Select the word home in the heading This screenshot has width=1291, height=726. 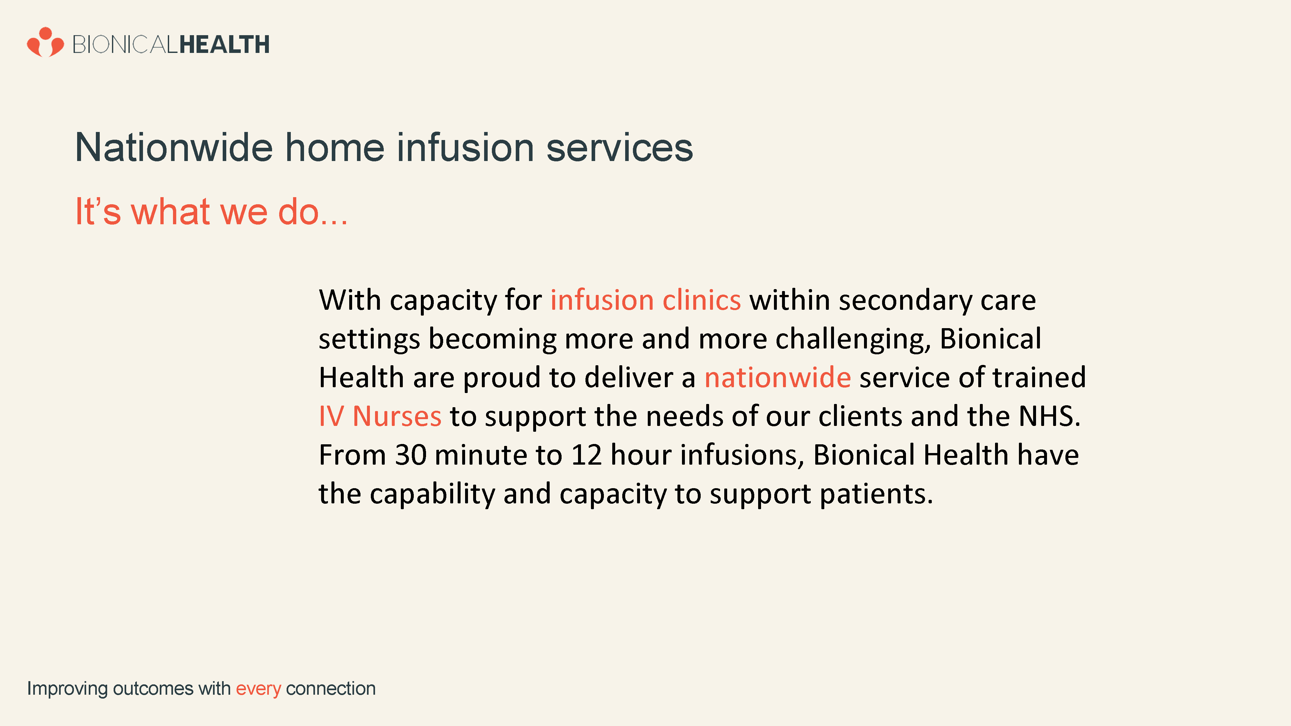335,147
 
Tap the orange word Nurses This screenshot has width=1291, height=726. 397,416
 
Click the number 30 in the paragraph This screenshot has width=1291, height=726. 411,455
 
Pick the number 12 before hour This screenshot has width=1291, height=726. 586,455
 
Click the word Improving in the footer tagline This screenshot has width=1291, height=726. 67,689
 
